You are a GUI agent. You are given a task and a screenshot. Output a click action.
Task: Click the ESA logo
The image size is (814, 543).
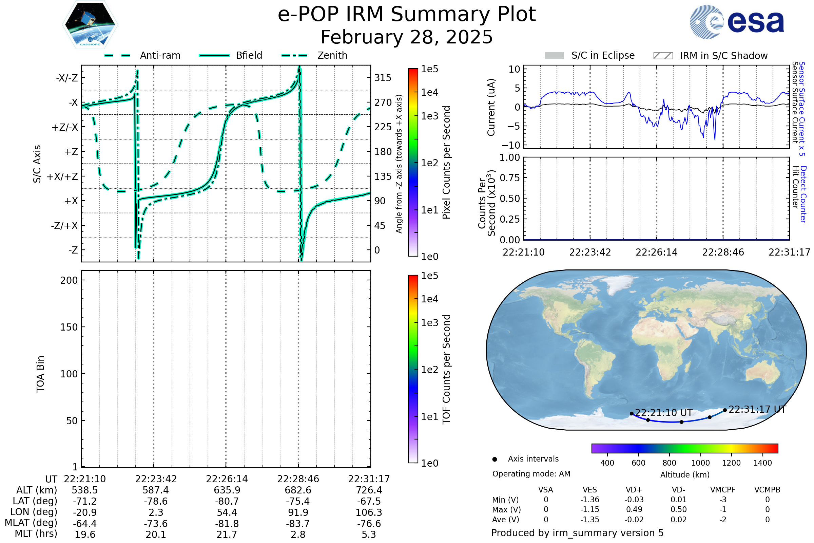pos(737,22)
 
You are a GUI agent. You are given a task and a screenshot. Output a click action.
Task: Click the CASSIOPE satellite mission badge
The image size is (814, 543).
pos(90,24)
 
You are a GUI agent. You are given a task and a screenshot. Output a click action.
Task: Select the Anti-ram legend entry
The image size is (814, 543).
pos(142,55)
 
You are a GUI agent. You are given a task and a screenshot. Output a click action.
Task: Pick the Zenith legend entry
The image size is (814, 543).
pos(314,55)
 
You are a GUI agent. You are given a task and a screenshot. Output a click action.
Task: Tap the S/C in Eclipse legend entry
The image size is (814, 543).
pos(590,56)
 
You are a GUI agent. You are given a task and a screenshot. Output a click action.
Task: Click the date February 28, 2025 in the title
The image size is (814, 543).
pos(407,37)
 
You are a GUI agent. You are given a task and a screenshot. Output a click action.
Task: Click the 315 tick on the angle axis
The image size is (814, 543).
pos(383,78)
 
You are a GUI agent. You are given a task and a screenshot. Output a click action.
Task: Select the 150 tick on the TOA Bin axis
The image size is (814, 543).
pos(69,327)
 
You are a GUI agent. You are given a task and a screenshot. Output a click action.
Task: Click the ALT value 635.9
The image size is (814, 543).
pos(227,490)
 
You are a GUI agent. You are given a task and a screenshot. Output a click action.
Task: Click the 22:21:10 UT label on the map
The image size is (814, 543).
pos(664,413)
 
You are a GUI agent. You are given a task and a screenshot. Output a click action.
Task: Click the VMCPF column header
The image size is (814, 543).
pos(723,490)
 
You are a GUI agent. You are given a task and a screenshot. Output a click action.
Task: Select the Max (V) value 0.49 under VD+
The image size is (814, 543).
pos(634,510)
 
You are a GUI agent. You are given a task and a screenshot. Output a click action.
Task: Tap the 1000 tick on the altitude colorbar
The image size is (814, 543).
pos(700,463)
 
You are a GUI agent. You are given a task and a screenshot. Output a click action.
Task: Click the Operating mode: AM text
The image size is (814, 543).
pos(531,474)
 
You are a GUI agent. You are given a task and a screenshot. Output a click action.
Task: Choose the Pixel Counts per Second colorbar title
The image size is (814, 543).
pos(446,163)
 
